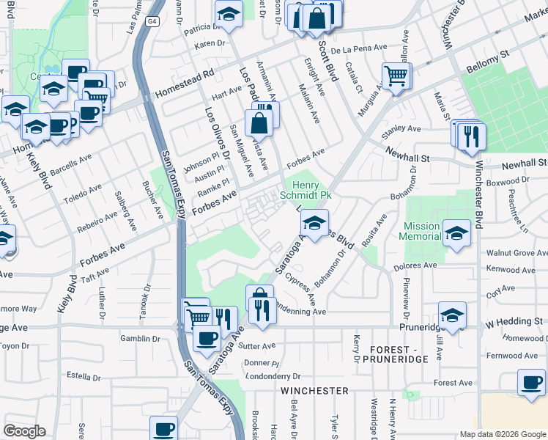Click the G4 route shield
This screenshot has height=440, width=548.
click(152, 21)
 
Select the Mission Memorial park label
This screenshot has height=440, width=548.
click(421, 231)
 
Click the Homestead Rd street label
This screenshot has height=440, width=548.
click(185, 84)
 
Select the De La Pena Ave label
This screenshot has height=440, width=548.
click(358, 48)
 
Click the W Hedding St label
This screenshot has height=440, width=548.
click(515, 322)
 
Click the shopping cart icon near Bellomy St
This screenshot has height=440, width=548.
click(396, 75)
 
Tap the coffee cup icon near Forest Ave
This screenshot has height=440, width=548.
click(530, 381)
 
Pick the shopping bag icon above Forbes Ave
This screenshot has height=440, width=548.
click(259, 123)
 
